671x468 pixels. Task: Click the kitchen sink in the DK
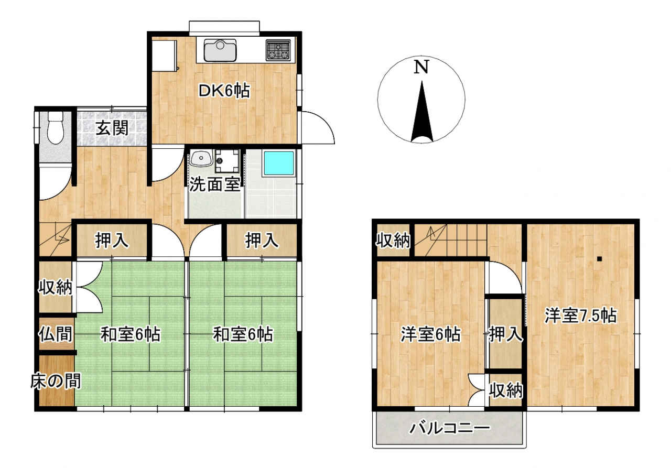(x=220, y=50)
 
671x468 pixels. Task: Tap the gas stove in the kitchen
(x=278, y=50)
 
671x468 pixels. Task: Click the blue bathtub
(x=278, y=164)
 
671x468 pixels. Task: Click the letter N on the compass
(x=421, y=67)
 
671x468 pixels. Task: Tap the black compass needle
(x=422, y=112)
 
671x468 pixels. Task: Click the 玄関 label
(x=112, y=128)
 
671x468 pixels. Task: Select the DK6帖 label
(x=224, y=91)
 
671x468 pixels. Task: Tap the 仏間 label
(x=56, y=334)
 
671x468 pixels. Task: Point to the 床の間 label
(x=56, y=382)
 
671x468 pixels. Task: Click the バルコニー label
(x=450, y=429)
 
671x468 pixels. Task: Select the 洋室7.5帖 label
(x=581, y=315)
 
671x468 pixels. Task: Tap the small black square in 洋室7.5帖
(x=599, y=259)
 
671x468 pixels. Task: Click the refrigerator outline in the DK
(x=165, y=56)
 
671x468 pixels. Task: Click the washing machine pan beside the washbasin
(x=228, y=160)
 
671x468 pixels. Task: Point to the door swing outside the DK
(x=318, y=128)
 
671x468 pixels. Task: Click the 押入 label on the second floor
(x=506, y=334)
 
